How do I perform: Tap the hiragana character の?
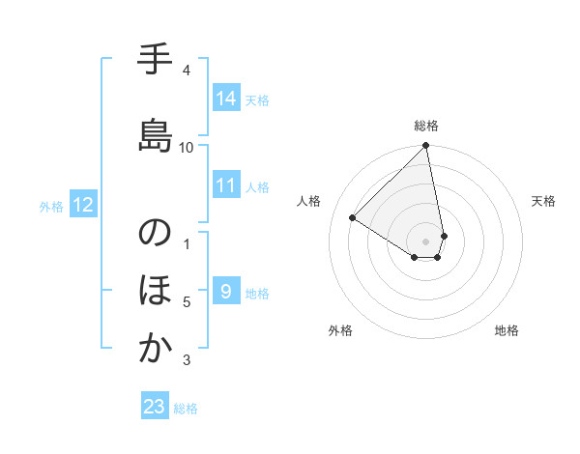pyautogui.click(x=155, y=234)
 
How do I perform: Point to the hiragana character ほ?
pyautogui.click(x=155, y=291)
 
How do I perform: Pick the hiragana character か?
pyautogui.click(x=155, y=349)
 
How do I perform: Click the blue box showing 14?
pyautogui.click(x=226, y=99)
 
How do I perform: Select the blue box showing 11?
pyautogui.click(x=226, y=185)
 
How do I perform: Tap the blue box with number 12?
pyautogui.click(x=82, y=205)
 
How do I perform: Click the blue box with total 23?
pyautogui.click(x=155, y=407)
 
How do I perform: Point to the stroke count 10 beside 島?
pyautogui.click(x=187, y=147)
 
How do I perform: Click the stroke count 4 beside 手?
pyautogui.click(x=187, y=71)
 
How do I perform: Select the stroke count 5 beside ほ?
pyautogui.click(x=187, y=302)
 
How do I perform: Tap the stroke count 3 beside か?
pyautogui.click(x=187, y=360)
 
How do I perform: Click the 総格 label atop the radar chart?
pyautogui.click(x=426, y=126)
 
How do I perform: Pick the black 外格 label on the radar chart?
pyautogui.click(x=339, y=330)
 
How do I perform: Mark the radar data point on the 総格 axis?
pyautogui.click(x=426, y=147)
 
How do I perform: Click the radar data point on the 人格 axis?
pyautogui.click(x=353, y=217)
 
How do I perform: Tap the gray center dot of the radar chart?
pyautogui.click(x=426, y=241)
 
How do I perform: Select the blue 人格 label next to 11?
pyautogui.click(x=257, y=186)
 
